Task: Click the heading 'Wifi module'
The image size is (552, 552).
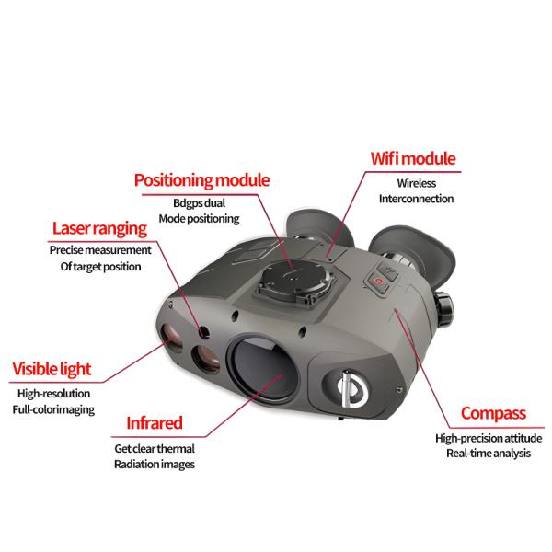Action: [x=413, y=158]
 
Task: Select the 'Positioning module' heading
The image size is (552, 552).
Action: [x=201, y=180]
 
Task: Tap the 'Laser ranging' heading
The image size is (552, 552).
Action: [x=99, y=228]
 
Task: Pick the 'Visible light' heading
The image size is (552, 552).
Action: [x=52, y=369]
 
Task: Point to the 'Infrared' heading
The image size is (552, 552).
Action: [x=155, y=423]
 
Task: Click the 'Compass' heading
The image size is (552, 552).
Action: [x=493, y=414]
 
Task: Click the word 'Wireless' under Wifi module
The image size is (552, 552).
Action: [x=417, y=183]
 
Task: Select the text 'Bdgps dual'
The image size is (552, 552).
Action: [x=200, y=203]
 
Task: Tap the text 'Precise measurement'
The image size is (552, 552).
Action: [x=100, y=250]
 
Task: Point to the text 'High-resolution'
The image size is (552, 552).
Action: [x=54, y=393]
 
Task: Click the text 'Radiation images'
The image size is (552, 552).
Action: [x=155, y=465]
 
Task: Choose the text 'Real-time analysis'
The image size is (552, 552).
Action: [x=489, y=453]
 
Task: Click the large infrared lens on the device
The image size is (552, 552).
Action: [x=263, y=369]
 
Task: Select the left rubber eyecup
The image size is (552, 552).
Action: [x=318, y=228]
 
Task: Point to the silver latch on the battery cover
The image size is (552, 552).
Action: [x=347, y=388]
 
